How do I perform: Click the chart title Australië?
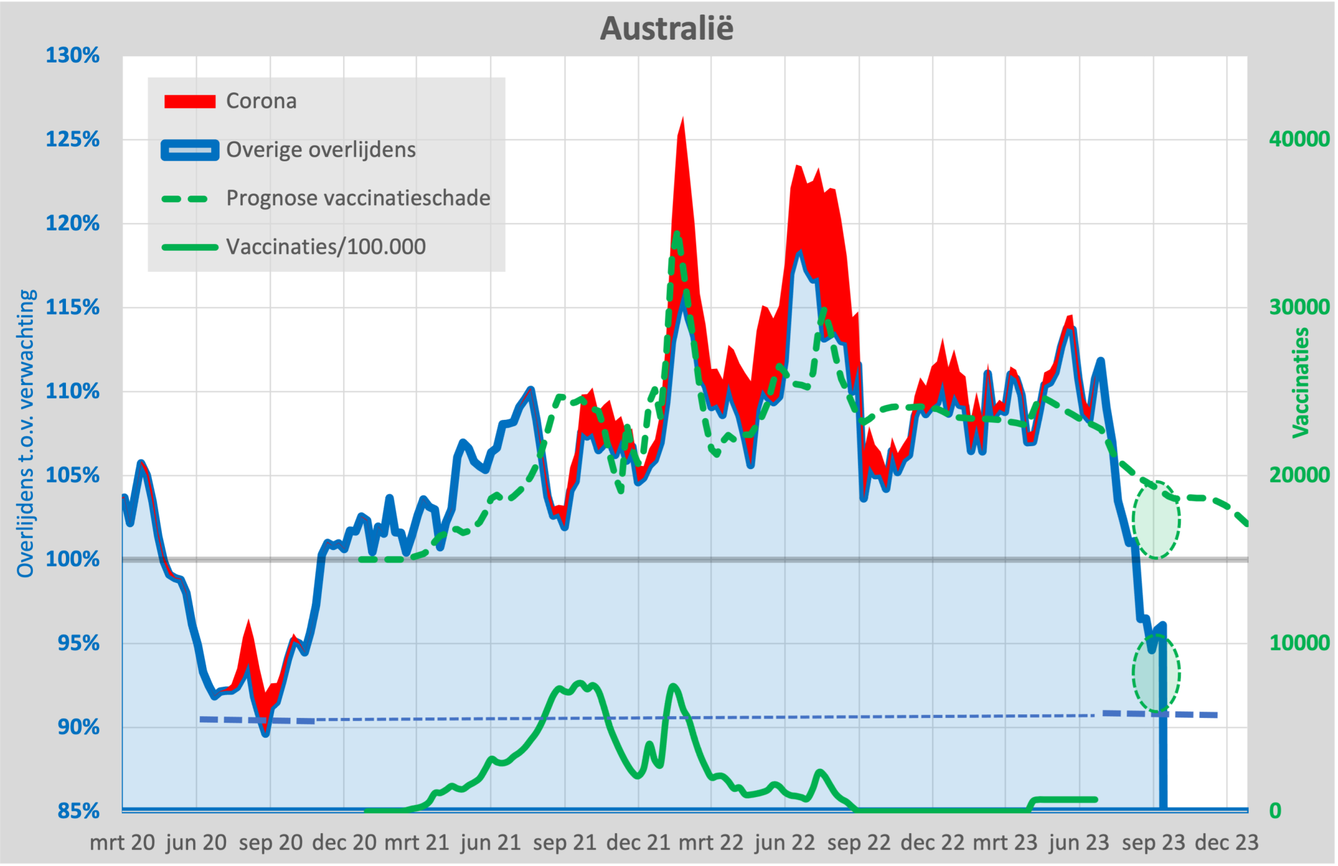point(667,28)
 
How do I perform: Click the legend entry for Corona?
point(261,101)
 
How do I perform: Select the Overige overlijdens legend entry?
point(320,150)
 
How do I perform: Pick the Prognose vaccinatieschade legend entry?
point(358,199)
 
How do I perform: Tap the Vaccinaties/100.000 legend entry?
point(326,247)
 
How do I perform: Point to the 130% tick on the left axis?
point(73,56)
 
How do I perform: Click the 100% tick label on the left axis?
point(73,560)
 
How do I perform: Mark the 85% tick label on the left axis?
point(78,811)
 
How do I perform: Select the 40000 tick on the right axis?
point(1299,139)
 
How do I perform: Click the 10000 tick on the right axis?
point(1299,643)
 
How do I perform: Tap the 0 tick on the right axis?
point(1275,811)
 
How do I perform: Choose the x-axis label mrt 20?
point(122,843)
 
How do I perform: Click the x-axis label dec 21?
point(638,843)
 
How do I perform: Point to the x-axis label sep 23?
point(1153,843)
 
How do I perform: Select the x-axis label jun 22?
point(785,843)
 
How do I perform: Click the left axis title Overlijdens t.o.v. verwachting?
point(26,433)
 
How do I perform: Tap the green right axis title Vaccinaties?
point(1300,383)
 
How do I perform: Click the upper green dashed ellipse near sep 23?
point(1156,519)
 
